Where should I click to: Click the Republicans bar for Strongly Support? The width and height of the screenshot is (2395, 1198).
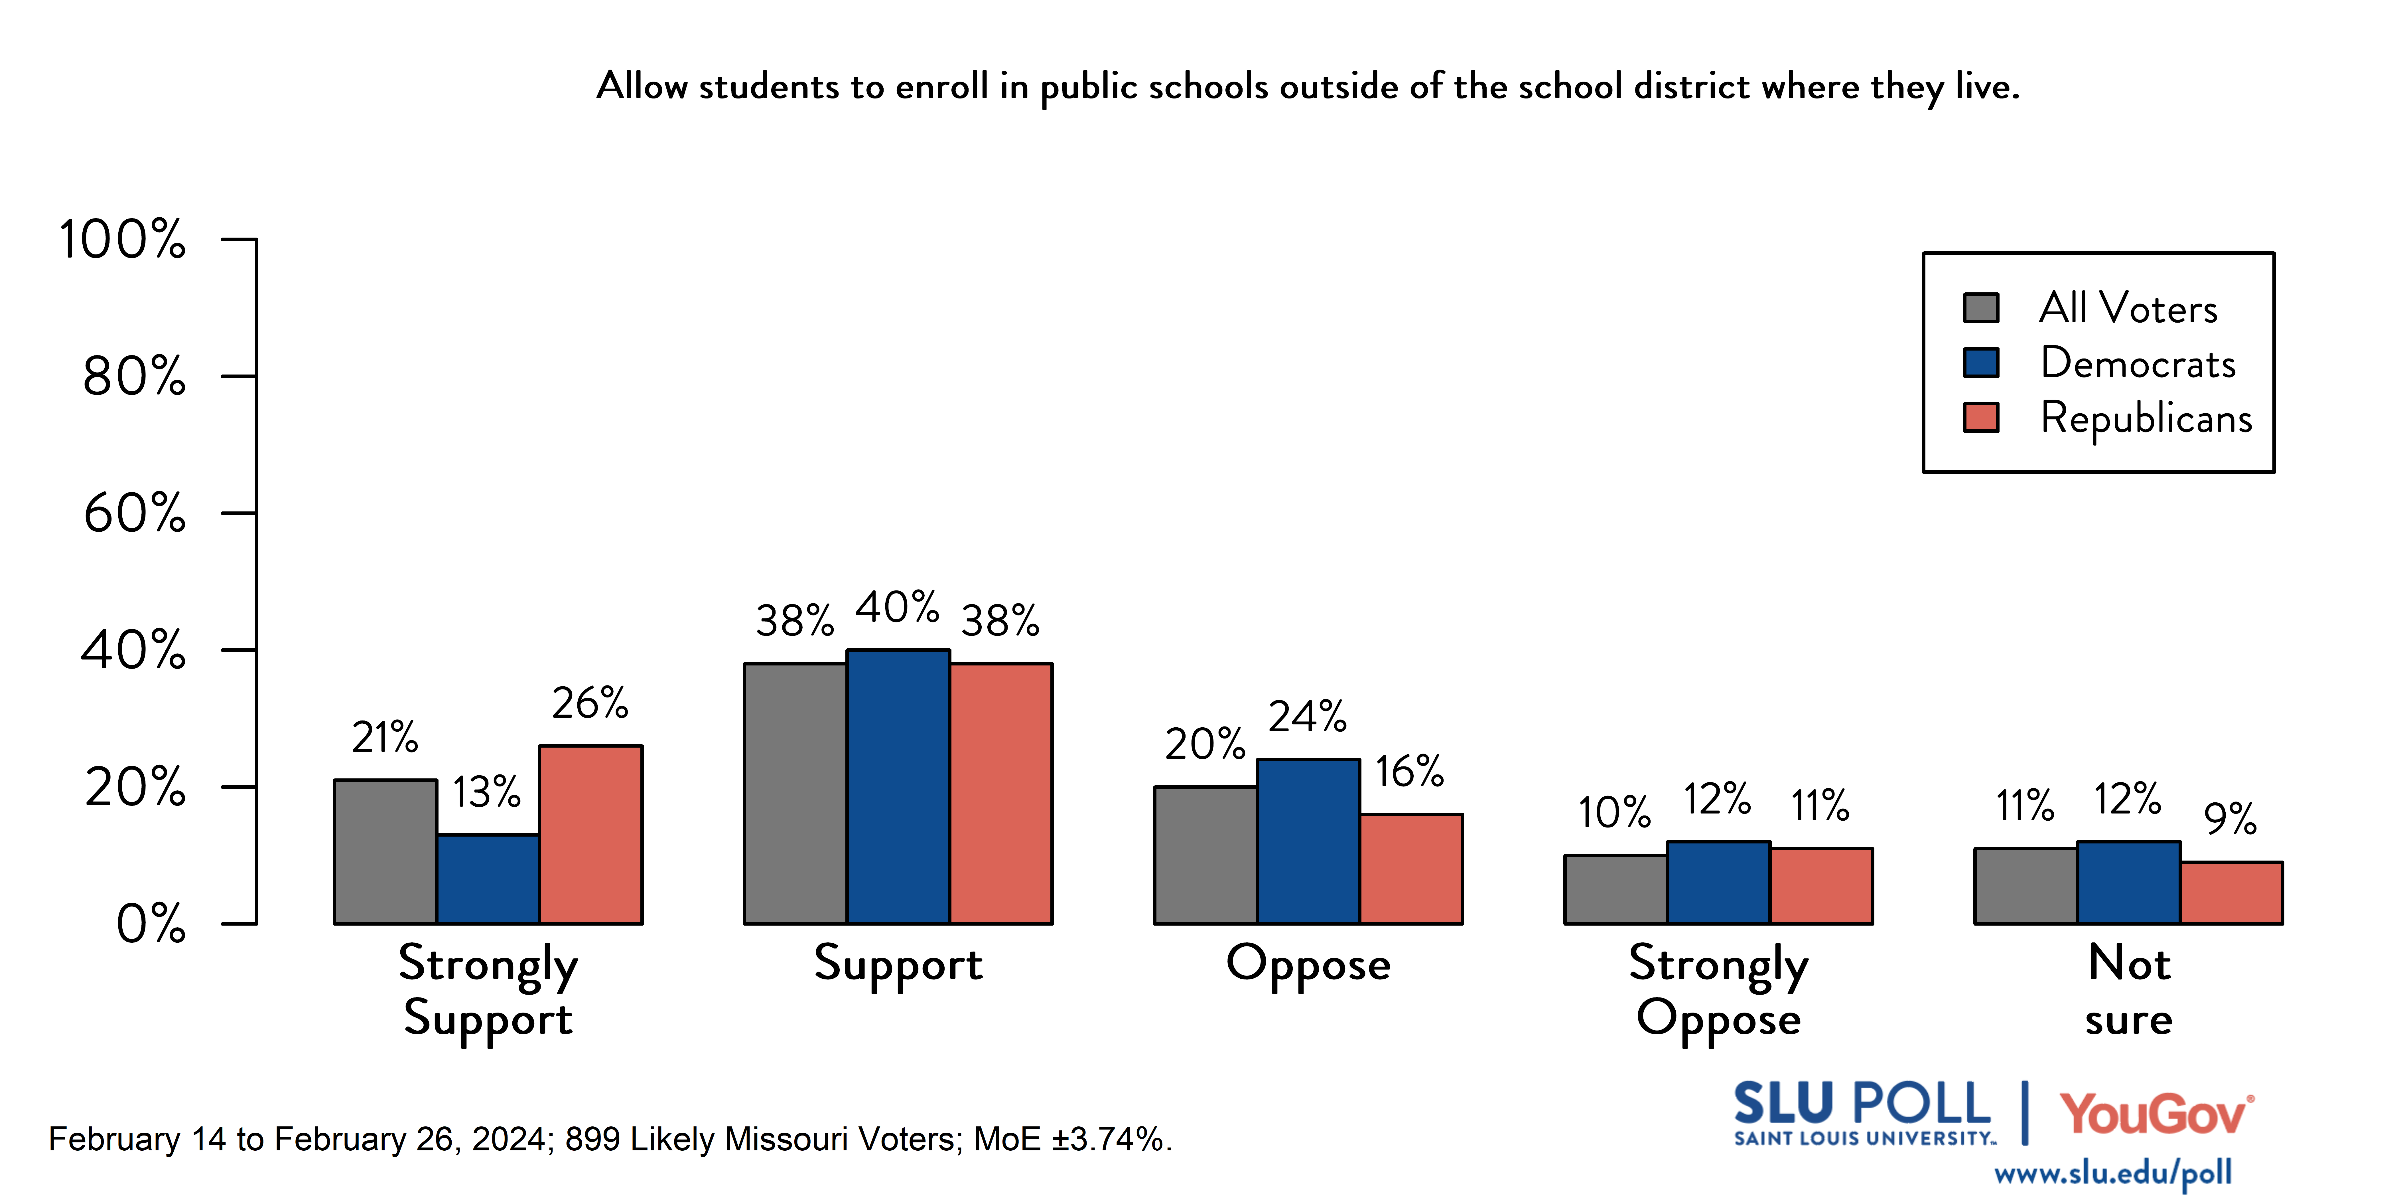click(x=590, y=834)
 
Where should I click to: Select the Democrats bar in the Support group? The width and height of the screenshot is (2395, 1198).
click(x=898, y=787)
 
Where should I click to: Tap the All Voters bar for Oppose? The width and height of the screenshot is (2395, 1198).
click(x=1205, y=855)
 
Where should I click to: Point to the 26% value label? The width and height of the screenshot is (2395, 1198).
click(x=590, y=703)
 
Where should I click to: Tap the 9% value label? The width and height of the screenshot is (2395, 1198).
click(x=2230, y=819)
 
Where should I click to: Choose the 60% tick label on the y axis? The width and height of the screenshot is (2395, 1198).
click(x=135, y=513)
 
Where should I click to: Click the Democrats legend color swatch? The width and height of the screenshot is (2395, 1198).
click(x=1981, y=363)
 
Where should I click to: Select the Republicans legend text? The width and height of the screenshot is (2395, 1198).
click(x=2146, y=418)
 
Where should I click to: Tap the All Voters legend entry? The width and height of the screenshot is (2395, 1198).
click(x=2127, y=308)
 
